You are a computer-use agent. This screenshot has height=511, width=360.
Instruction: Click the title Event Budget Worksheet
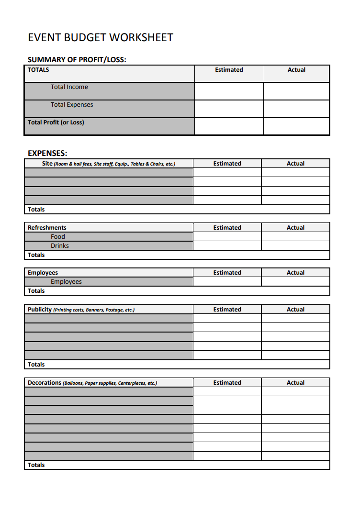point(101,37)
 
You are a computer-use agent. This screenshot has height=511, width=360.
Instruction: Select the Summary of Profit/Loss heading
point(77,60)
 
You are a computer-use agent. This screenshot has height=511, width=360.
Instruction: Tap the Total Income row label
point(69,87)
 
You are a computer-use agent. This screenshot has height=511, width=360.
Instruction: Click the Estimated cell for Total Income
point(229,91)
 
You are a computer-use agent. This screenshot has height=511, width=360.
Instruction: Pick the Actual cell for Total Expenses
point(296,109)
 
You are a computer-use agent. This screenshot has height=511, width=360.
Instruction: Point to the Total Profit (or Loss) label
point(56,122)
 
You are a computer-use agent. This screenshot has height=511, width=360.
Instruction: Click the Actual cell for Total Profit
point(296,126)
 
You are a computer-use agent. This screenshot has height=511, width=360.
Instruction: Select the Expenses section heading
point(47,154)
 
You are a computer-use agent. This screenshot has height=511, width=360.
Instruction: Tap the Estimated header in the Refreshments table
point(227,228)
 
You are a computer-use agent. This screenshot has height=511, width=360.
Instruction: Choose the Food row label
point(58,237)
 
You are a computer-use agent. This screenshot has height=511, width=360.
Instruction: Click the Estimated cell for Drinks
point(227,246)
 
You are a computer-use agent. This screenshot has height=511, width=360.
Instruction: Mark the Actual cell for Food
point(295,237)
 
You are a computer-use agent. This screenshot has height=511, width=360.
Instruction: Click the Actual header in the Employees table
point(295,273)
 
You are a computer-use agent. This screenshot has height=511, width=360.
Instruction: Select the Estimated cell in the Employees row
point(227,282)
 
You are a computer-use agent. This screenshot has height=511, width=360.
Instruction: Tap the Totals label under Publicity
point(36,365)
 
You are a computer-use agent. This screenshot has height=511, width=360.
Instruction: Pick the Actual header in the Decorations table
point(295,383)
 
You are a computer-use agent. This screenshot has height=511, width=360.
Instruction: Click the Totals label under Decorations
point(36,465)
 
